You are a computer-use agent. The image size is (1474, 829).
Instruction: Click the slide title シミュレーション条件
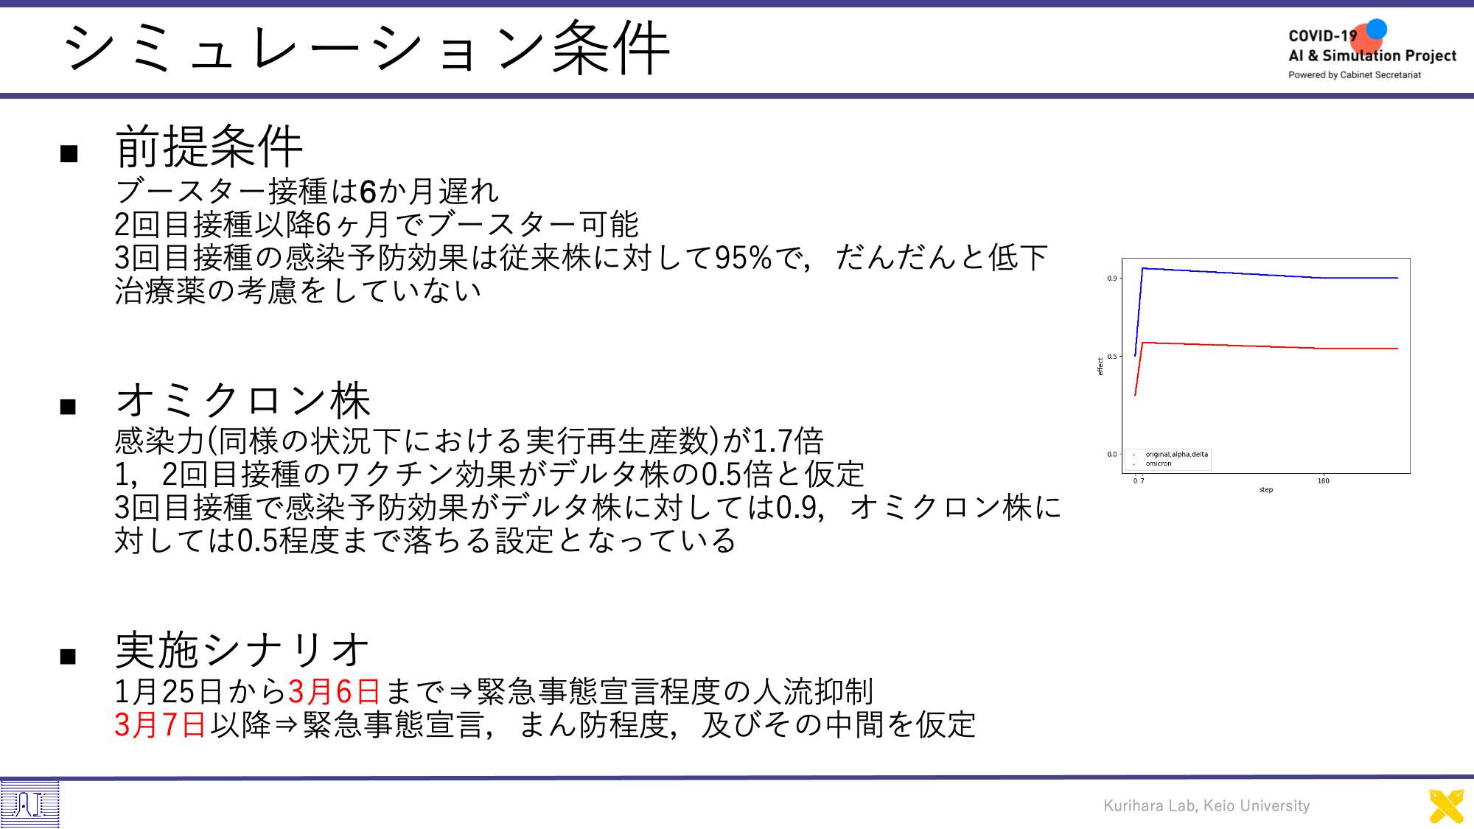[x=366, y=48]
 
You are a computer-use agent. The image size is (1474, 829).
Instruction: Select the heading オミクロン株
[x=243, y=400]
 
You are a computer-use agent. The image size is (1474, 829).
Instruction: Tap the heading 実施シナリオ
[x=242, y=650]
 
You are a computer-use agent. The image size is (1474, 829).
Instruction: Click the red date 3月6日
[x=334, y=691]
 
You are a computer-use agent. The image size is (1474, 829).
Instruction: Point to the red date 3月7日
[x=160, y=724]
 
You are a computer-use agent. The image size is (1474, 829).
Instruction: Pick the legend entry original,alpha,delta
[x=1176, y=454]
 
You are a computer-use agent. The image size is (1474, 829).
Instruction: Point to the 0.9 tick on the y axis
[x=1111, y=279]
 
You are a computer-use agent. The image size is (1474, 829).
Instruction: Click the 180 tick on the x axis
[x=1324, y=480]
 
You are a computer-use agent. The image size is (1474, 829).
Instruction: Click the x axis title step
[x=1266, y=490]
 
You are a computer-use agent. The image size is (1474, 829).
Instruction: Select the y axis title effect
[x=1100, y=366]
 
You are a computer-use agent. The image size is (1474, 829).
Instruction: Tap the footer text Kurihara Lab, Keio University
[x=1206, y=805]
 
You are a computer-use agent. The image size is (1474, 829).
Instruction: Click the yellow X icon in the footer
[x=1447, y=806]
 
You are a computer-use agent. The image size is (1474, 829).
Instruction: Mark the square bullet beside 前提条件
[x=69, y=153]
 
